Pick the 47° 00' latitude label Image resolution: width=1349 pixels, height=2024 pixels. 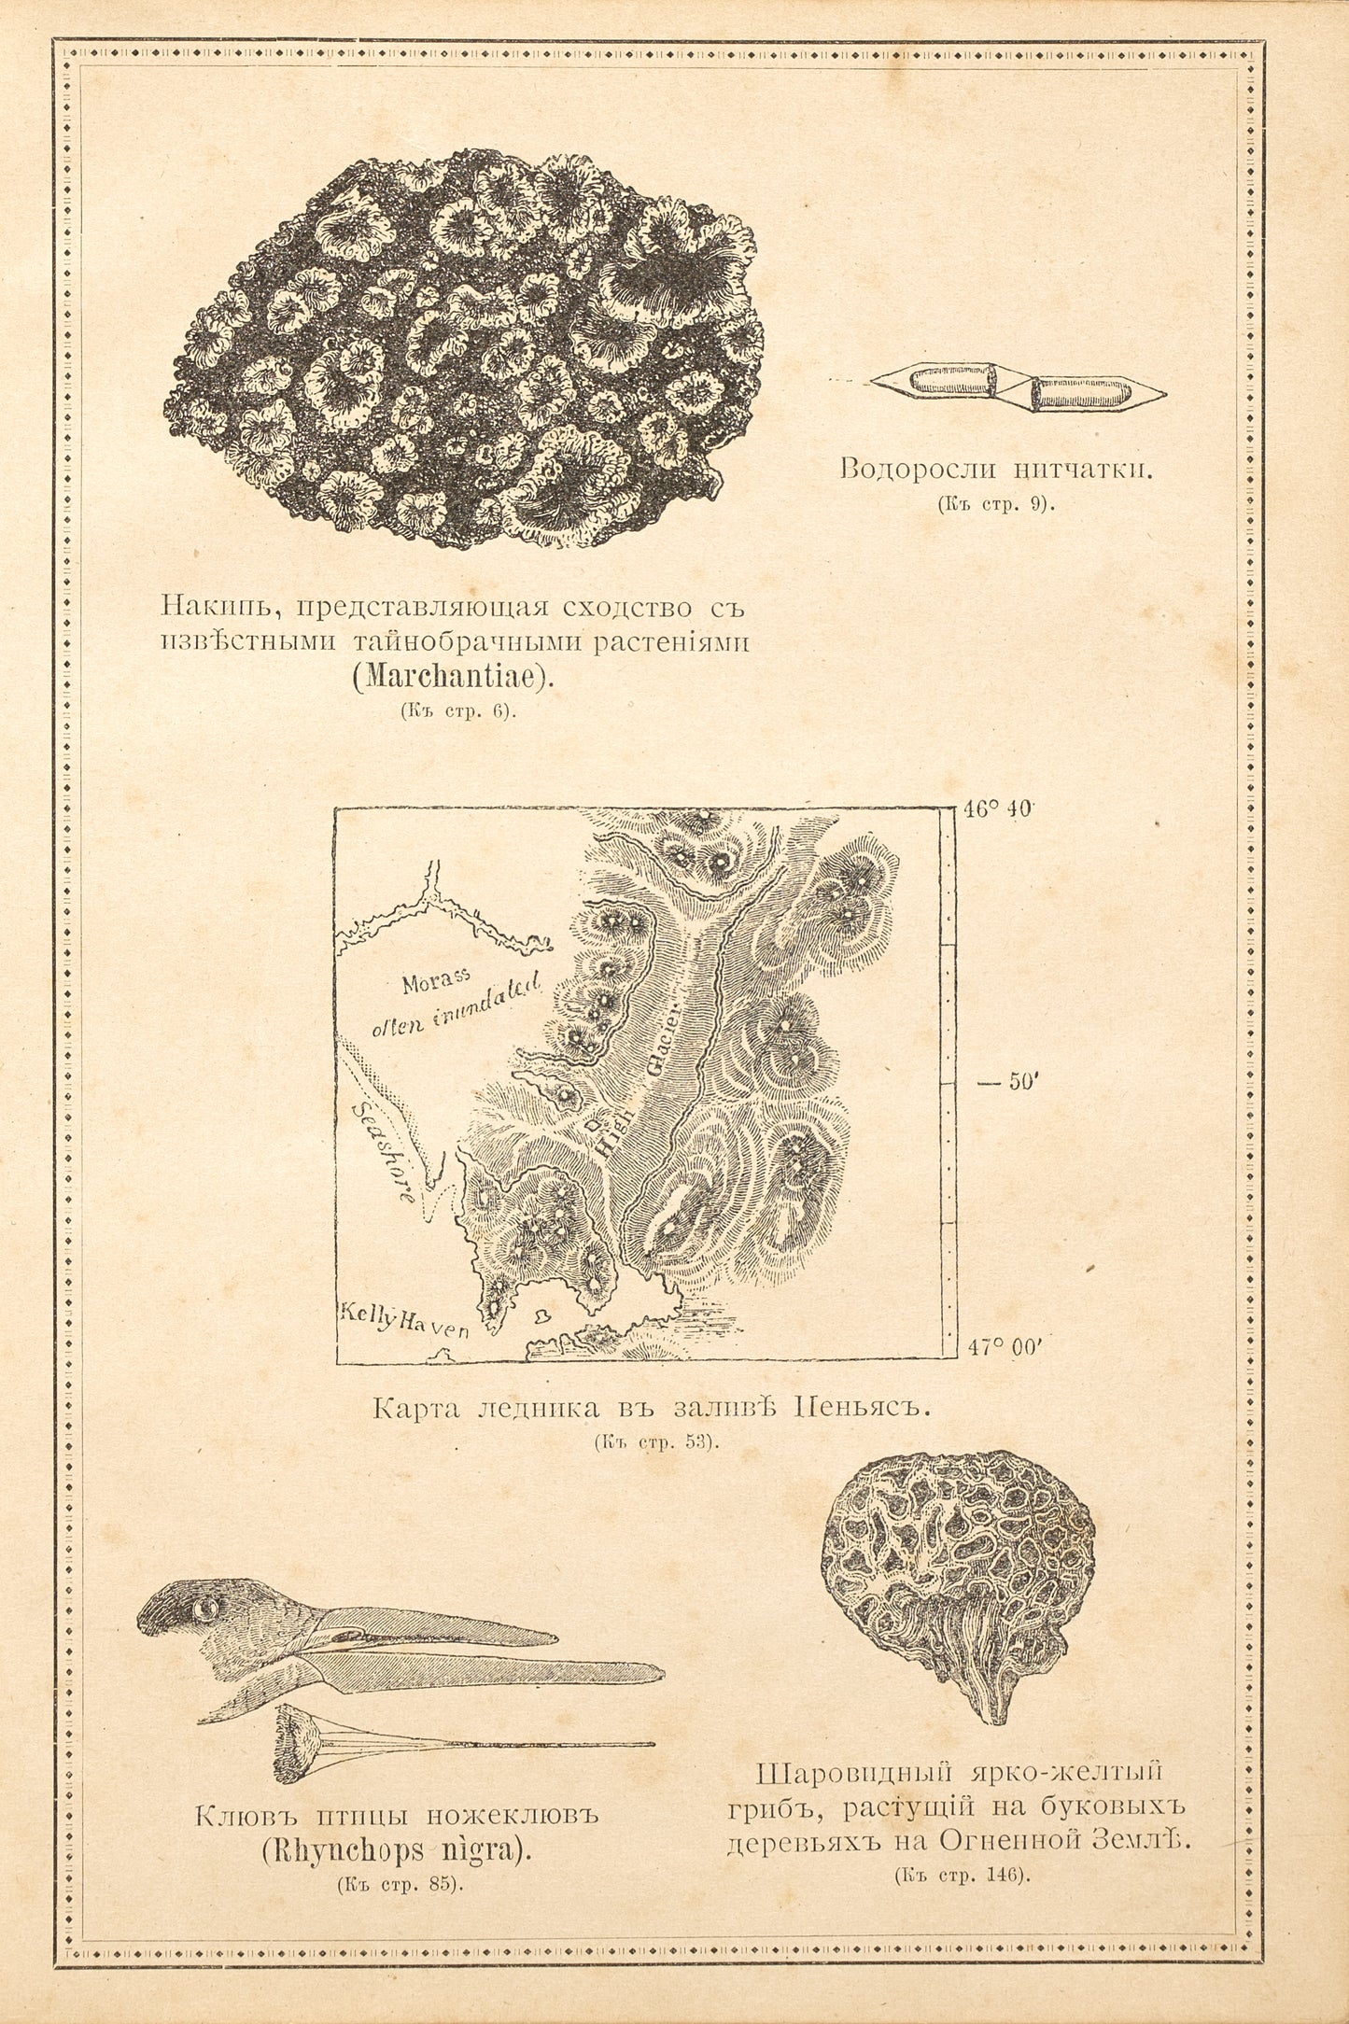point(1004,1348)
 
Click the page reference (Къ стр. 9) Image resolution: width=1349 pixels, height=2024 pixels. point(996,504)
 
